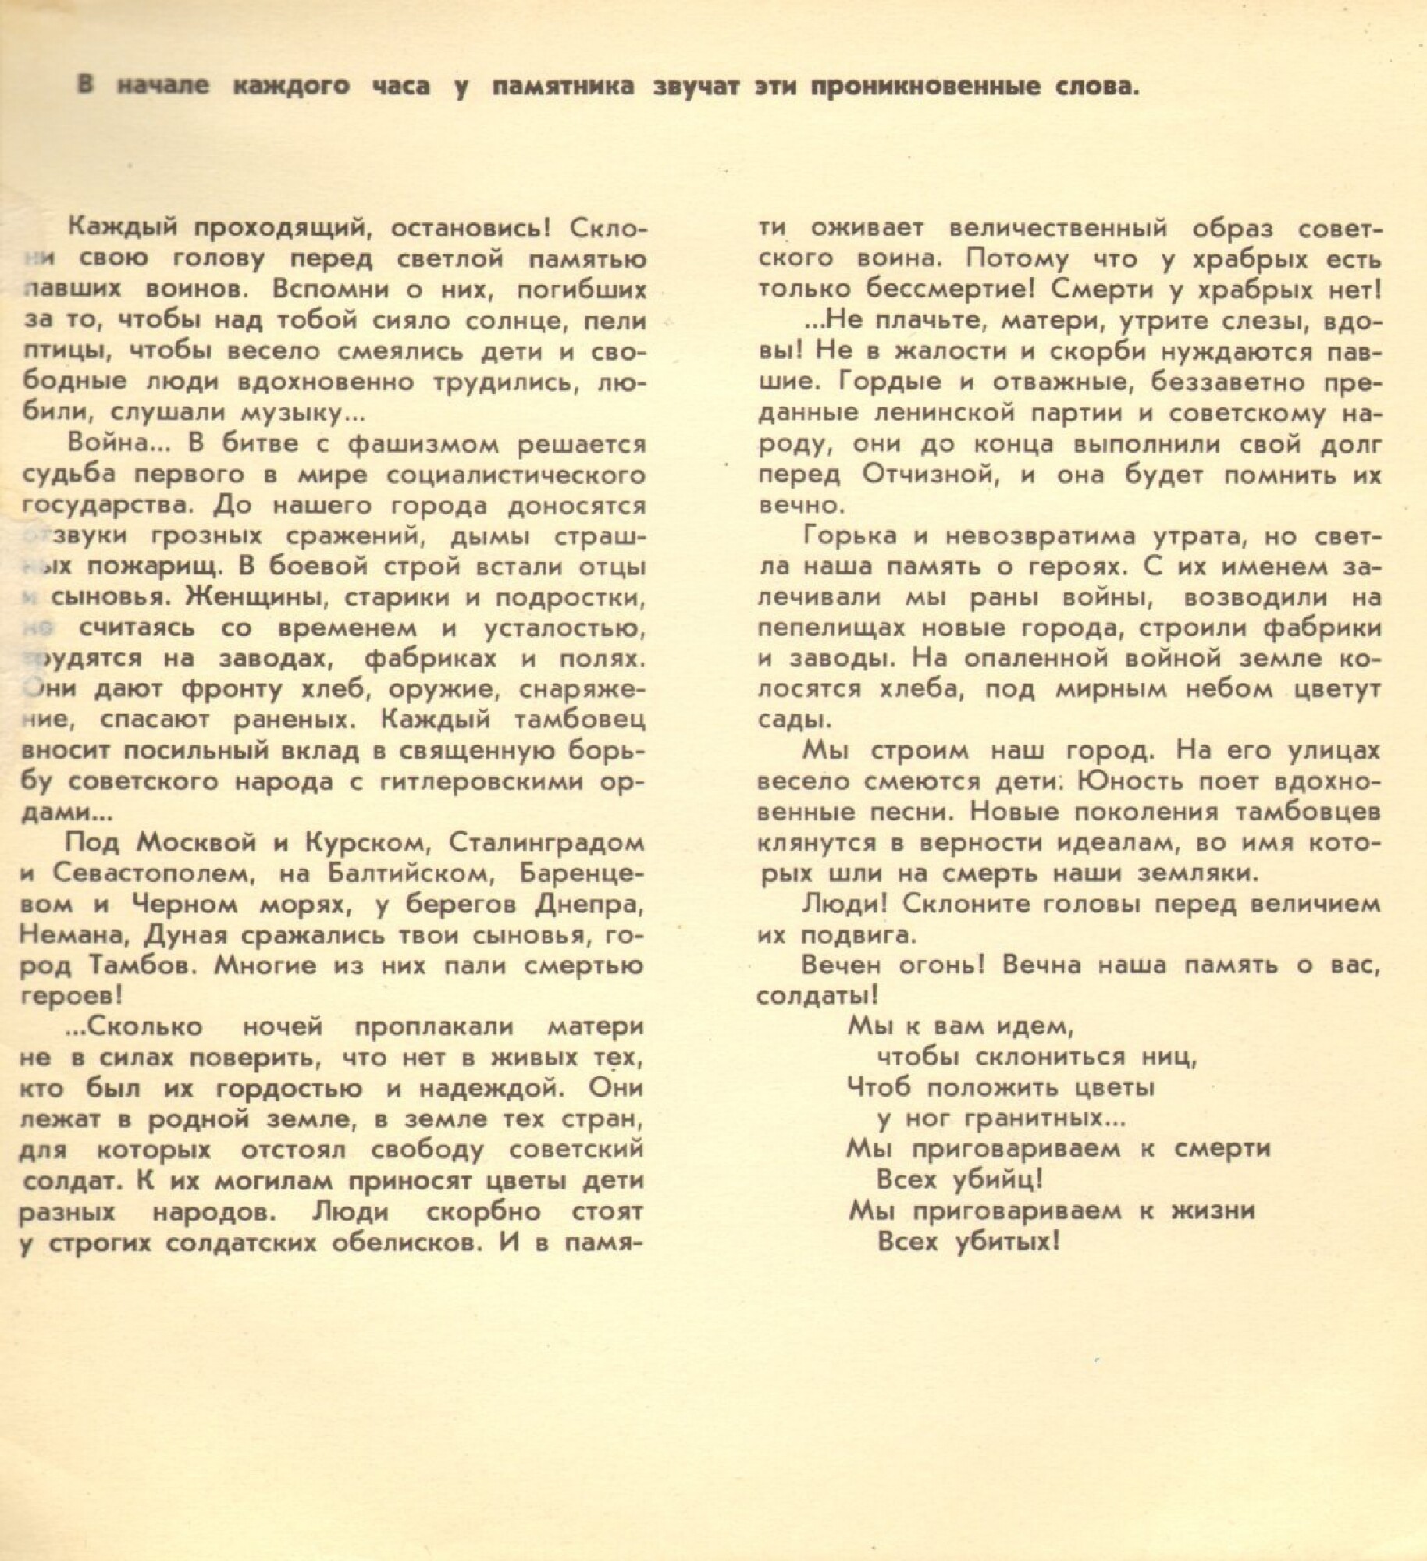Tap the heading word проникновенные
pyautogui.click(x=908, y=86)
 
